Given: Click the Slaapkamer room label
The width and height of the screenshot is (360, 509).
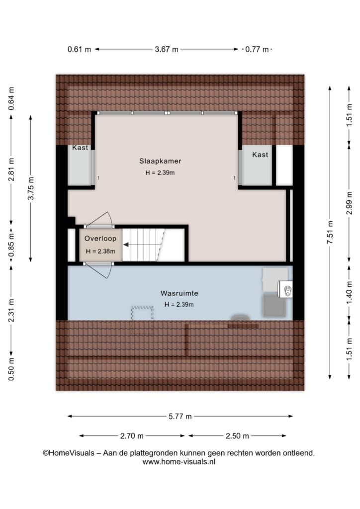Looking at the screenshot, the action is point(160,161).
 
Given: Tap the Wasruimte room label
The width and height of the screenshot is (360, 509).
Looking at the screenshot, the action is point(179,293).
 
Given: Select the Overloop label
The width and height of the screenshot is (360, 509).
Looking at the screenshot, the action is point(100,239).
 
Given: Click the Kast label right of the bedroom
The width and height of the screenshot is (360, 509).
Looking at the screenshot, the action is point(260,155).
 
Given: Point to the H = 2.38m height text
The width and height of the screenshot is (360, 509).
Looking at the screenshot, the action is point(100,251).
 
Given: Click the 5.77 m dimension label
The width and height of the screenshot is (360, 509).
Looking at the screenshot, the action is point(180,416).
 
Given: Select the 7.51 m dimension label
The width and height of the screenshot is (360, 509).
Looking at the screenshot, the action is point(330,233).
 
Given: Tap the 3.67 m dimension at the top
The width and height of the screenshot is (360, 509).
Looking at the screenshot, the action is point(167,49).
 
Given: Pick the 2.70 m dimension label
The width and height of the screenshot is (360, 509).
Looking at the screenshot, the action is point(132,436).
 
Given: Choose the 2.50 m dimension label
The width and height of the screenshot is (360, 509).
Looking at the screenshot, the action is point(237,436).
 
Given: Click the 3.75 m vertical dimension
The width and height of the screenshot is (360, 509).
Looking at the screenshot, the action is point(31,188).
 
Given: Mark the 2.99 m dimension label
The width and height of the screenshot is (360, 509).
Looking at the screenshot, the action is point(349,203).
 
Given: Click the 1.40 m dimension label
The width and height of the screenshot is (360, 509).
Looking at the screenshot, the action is point(349,293).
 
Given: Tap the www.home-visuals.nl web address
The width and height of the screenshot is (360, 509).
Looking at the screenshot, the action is point(179,462).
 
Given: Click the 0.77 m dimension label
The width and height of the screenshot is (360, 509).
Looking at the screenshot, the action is point(257,49).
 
